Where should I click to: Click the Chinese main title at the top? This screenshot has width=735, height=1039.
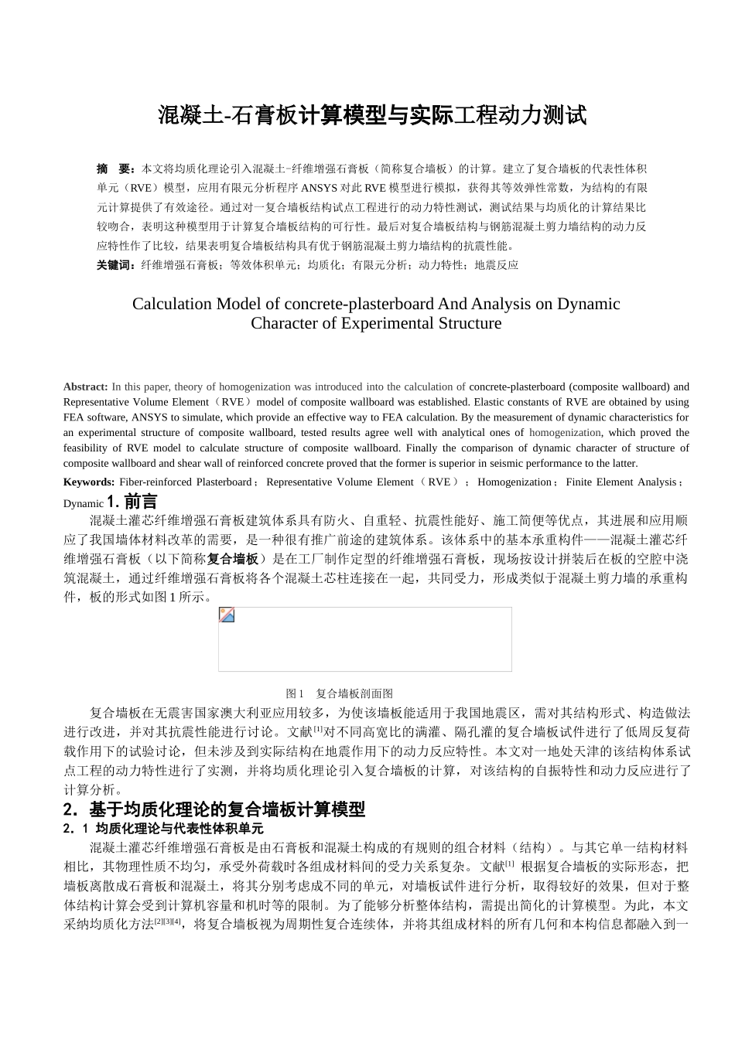click(372, 115)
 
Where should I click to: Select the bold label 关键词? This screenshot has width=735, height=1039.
click(118, 265)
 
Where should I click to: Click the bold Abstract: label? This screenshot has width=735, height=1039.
click(86, 387)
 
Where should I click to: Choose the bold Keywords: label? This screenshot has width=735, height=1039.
click(88, 482)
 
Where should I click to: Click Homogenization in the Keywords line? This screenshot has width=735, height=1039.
click(514, 482)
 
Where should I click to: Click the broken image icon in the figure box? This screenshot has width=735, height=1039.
click(227, 615)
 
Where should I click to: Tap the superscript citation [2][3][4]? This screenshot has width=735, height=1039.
click(168, 922)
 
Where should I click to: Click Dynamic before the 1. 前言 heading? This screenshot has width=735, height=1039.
click(84, 503)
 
